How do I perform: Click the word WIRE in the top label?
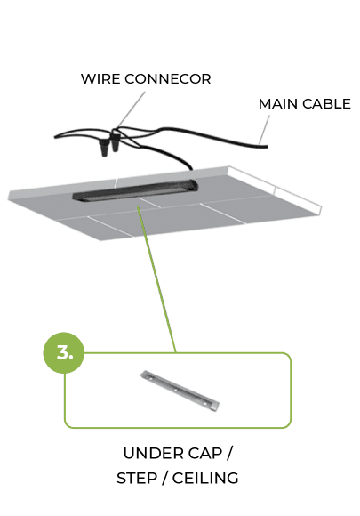pos(100,79)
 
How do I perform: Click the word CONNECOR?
pos(168,79)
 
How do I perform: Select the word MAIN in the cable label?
pos(278,104)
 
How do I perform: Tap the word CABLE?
pos(326,104)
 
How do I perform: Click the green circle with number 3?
pos(64,353)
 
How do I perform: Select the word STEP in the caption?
pos(137,478)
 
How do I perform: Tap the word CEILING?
pos(205,478)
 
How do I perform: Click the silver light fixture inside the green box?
pos(180,391)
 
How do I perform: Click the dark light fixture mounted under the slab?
pos(135,189)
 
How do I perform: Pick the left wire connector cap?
pos(104,148)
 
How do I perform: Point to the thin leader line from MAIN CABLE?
pos(265,129)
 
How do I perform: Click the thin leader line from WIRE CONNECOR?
pos(132,109)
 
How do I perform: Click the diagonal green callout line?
pos(156,279)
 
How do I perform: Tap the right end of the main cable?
pos(268,147)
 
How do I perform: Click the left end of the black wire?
pos(55,136)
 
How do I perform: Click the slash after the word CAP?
pos(229,454)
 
